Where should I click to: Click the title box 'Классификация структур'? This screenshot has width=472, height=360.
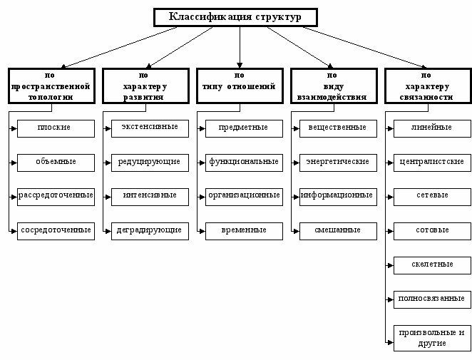point(235,17)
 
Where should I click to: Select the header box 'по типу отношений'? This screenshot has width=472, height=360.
point(240,86)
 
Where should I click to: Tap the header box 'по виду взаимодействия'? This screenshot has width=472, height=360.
point(334,86)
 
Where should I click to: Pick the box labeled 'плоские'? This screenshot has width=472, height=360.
point(56,128)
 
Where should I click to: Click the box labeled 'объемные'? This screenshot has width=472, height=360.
point(56,163)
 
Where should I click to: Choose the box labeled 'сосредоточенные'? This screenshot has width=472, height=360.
point(56,231)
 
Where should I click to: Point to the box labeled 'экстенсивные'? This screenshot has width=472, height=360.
point(150,128)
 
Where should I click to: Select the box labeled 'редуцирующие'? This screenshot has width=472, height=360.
point(150,163)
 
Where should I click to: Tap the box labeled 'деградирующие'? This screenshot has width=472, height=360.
point(150,231)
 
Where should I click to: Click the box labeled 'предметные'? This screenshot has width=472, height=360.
point(244,128)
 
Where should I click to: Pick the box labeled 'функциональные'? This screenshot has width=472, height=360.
point(244,163)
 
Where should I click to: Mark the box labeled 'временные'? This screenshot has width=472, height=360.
point(244,231)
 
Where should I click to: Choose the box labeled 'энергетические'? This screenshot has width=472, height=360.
point(338,163)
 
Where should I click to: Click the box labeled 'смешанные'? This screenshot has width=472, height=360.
point(338,231)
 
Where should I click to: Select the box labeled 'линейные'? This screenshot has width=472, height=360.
point(432,128)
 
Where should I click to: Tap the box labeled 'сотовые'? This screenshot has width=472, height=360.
point(432,231)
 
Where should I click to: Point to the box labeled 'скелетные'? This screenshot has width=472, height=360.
point(432,265)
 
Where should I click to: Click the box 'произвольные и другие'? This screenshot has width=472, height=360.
point(432,338)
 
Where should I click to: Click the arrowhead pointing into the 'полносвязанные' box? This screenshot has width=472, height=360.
point(391,300)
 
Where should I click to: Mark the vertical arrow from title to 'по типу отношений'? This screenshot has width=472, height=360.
point(240,47)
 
